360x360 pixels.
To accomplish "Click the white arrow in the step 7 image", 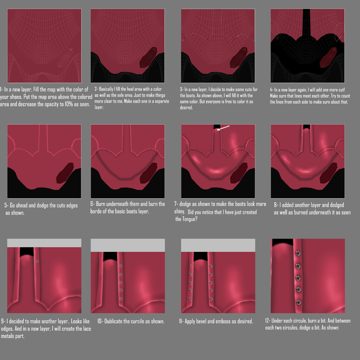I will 224,128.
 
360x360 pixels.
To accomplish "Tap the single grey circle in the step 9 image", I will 37,261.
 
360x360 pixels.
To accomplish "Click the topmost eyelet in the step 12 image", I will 298,253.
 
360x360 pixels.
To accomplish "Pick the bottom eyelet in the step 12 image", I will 298,302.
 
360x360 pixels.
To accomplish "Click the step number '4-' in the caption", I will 272,90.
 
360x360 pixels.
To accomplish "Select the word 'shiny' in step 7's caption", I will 179,212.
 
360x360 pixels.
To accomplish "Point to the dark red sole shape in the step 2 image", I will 148,57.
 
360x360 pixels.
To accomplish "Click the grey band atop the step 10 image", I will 127,245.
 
